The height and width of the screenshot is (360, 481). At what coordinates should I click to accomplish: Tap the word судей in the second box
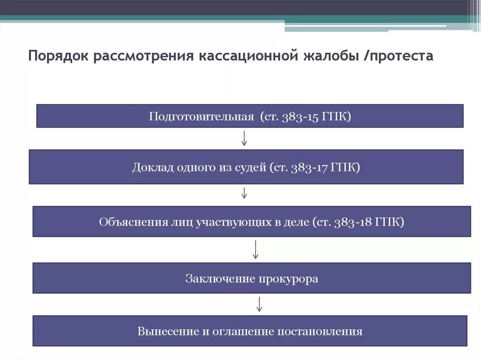(251, 167)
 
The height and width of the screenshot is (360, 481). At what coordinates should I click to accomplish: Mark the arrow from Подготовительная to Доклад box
(244, 138)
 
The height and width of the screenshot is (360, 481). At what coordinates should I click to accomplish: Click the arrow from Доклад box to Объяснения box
(244, 193)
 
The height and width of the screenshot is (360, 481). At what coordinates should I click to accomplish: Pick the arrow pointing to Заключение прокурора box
(256, 249)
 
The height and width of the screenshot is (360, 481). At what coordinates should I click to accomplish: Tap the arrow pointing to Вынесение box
(259, 304)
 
